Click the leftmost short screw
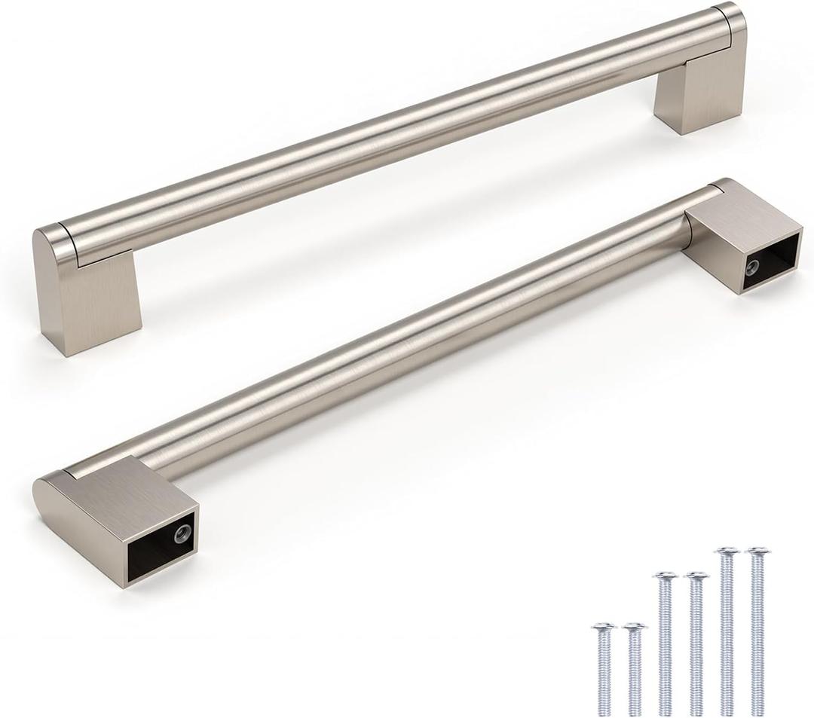click(604, 668)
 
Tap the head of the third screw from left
click(665, 577)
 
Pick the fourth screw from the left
click(696, 644)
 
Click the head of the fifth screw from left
click(727, 552)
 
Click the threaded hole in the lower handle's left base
click(181, 534)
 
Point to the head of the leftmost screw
click(604, 627)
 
